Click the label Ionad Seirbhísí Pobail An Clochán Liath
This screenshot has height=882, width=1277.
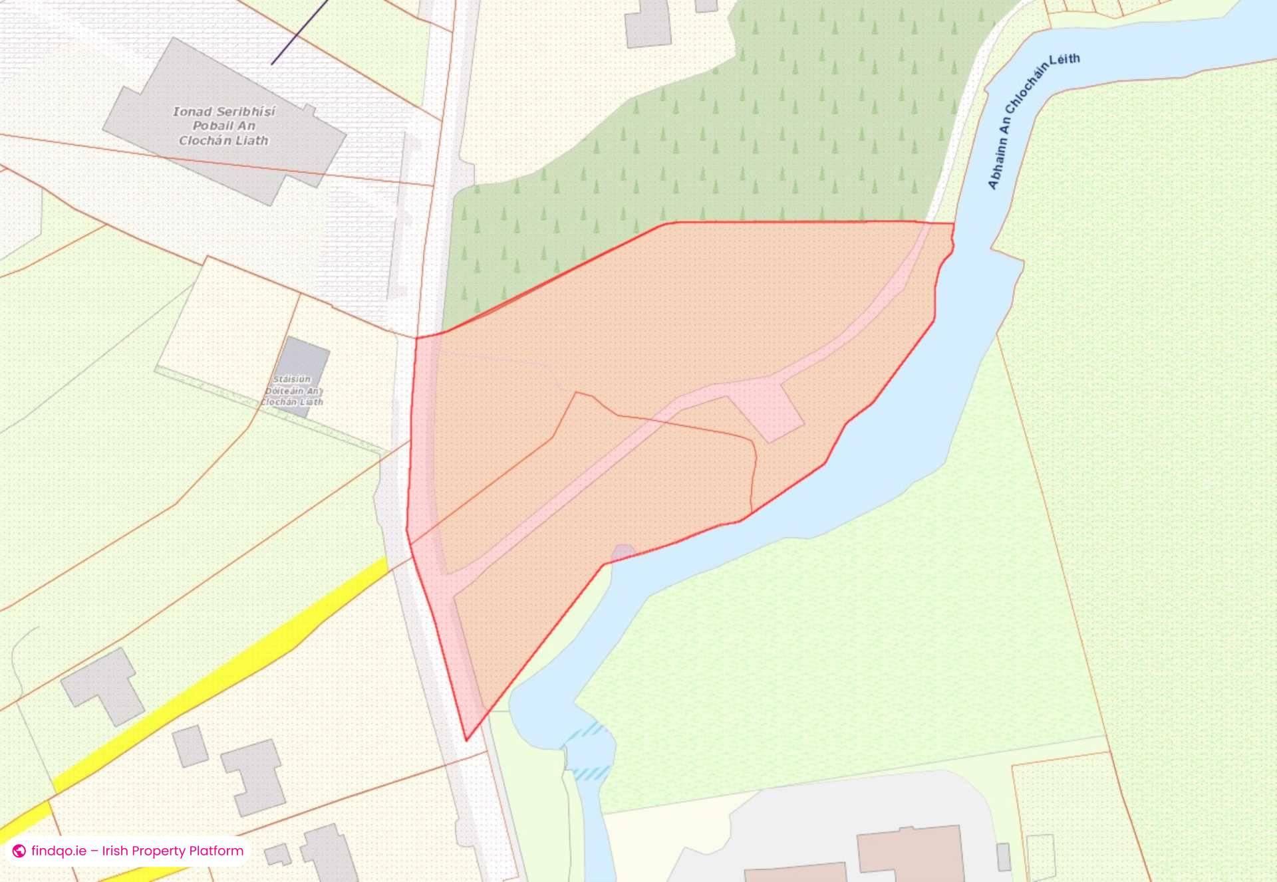click(224, 126)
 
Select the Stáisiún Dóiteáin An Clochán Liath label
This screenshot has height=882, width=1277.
click(292, 391)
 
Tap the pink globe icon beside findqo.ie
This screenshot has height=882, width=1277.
click(19, 851)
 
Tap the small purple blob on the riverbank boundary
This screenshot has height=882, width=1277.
click(623, 552)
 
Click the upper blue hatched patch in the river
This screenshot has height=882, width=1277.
click(585, 732)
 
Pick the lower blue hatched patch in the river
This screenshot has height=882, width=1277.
click(591, 773)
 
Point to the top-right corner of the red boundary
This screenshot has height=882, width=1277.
click(954, 223)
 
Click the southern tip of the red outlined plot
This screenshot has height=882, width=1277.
click(466, 740)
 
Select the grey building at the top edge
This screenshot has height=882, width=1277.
click(647, 23)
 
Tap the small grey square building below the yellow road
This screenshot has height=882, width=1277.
click(191, 746)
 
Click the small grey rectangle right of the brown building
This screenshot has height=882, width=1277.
click(1004, 856)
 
